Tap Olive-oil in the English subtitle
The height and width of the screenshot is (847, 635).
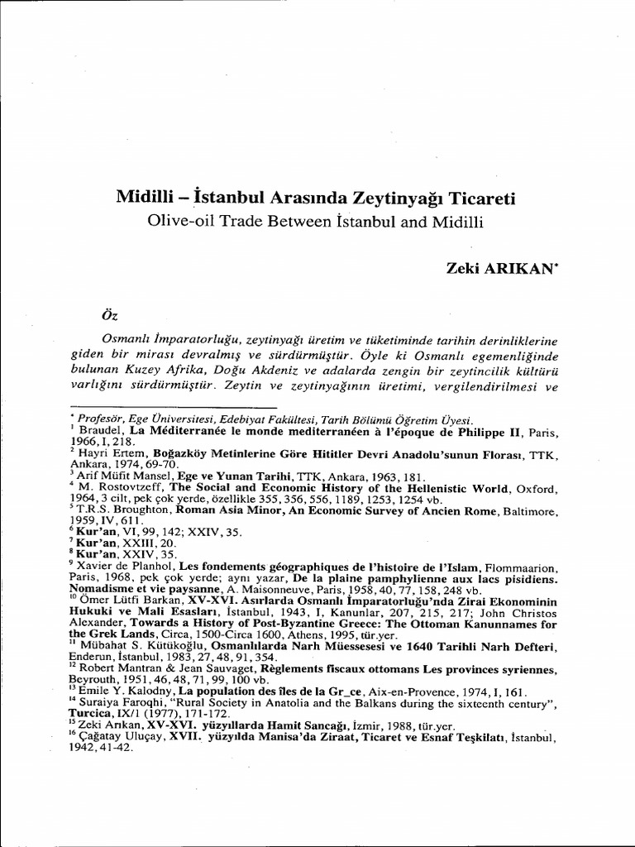[178, 222]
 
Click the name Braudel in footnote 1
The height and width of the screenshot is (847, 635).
[99, 430]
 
